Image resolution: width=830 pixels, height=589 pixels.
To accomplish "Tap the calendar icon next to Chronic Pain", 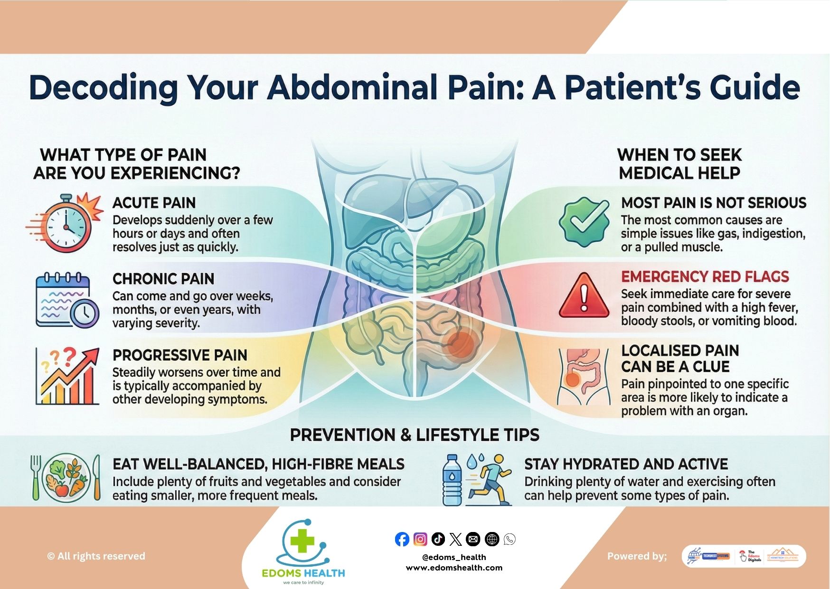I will point(66,300).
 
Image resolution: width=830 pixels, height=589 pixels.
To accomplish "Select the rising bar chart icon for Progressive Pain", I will point(67,376).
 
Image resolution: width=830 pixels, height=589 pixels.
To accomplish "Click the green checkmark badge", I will point(584,222).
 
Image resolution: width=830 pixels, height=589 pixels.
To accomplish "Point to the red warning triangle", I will point(584,297).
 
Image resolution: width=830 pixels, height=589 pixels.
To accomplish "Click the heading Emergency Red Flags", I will point(705,276).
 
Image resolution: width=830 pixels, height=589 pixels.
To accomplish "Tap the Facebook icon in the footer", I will point(402,539).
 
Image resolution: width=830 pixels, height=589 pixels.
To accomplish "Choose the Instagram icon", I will point(420,539).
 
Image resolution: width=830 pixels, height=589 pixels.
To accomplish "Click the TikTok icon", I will point(438,539).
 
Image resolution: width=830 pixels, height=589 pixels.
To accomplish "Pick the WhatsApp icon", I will point(509,539).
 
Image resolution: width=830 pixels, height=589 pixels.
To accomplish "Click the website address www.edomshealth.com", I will point(454,568).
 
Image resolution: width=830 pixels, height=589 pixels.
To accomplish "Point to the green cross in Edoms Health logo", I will point(302,541).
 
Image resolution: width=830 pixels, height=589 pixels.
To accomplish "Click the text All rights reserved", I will point(96,556).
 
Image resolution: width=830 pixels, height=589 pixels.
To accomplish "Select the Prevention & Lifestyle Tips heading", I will point(415,435).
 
